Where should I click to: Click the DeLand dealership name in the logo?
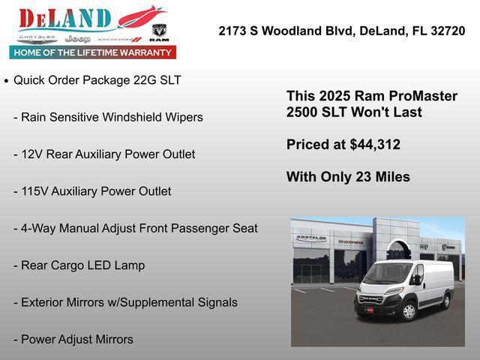point(64,18)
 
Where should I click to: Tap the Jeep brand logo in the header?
point(77,38)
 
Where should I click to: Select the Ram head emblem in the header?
point(159,33)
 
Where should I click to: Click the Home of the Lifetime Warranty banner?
point(93,52)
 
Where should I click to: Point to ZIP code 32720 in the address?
point(446,31)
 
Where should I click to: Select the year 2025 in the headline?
point(334,96)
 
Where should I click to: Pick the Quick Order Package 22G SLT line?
point(97,80)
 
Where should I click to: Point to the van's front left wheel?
point(409,310)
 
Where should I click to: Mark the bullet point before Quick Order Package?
point(7,80)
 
